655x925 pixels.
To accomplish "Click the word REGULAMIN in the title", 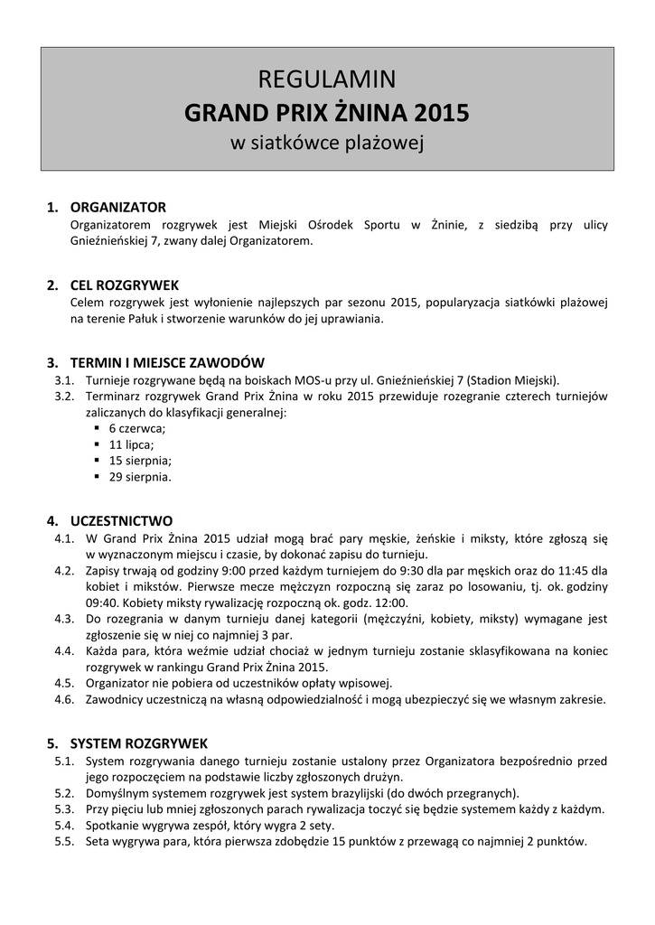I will pos(327,80).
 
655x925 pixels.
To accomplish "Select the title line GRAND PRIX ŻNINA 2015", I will pos(327,113).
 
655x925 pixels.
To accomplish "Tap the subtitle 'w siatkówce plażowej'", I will pos(327,143).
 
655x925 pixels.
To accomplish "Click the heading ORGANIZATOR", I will pos(118,207).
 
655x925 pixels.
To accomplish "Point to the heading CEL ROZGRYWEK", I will pos(125,285).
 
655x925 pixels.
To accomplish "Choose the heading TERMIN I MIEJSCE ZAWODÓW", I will pos(167,362).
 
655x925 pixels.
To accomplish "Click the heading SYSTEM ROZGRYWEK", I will pos(139,743).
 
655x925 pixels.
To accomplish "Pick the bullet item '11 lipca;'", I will pos(131,444).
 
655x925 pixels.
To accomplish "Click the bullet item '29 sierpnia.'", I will pos(140,476).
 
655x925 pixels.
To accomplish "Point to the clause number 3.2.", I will pos(63,396).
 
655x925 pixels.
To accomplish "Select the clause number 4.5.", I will pos(63,683).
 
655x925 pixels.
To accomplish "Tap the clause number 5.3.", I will pos(63,808).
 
